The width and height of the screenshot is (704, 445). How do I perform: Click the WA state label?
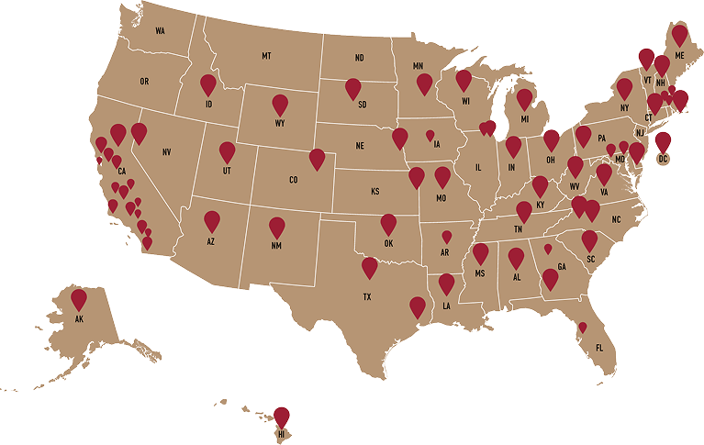coord(160,31)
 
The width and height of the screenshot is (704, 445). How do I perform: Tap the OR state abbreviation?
coord(144,82)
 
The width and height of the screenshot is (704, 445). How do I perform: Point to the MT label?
coord(266,57)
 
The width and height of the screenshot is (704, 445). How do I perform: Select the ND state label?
coord(360,59)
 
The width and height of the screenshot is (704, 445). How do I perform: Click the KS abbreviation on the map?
coord(375,192)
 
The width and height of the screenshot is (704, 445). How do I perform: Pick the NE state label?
coord(361,146)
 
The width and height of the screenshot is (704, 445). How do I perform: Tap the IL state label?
coord(477,168)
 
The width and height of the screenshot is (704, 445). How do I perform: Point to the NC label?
coord(616,219)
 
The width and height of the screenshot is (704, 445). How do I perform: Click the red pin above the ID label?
coord(208,84)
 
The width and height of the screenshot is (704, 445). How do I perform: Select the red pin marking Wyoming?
coord(280,104)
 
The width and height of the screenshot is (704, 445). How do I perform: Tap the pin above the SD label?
coord(353,88)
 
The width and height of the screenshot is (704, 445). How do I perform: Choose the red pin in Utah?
coord(227,151)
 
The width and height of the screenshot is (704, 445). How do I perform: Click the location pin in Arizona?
coord(212,220)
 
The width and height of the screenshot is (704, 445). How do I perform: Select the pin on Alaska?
coord(79,298)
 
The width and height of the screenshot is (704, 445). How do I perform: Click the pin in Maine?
coord(679,35)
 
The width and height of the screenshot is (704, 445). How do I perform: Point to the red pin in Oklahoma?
coord(388,223)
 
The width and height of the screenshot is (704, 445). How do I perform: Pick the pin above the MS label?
coord(480,253)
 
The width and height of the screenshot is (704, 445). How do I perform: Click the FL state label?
coord(599,348)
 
